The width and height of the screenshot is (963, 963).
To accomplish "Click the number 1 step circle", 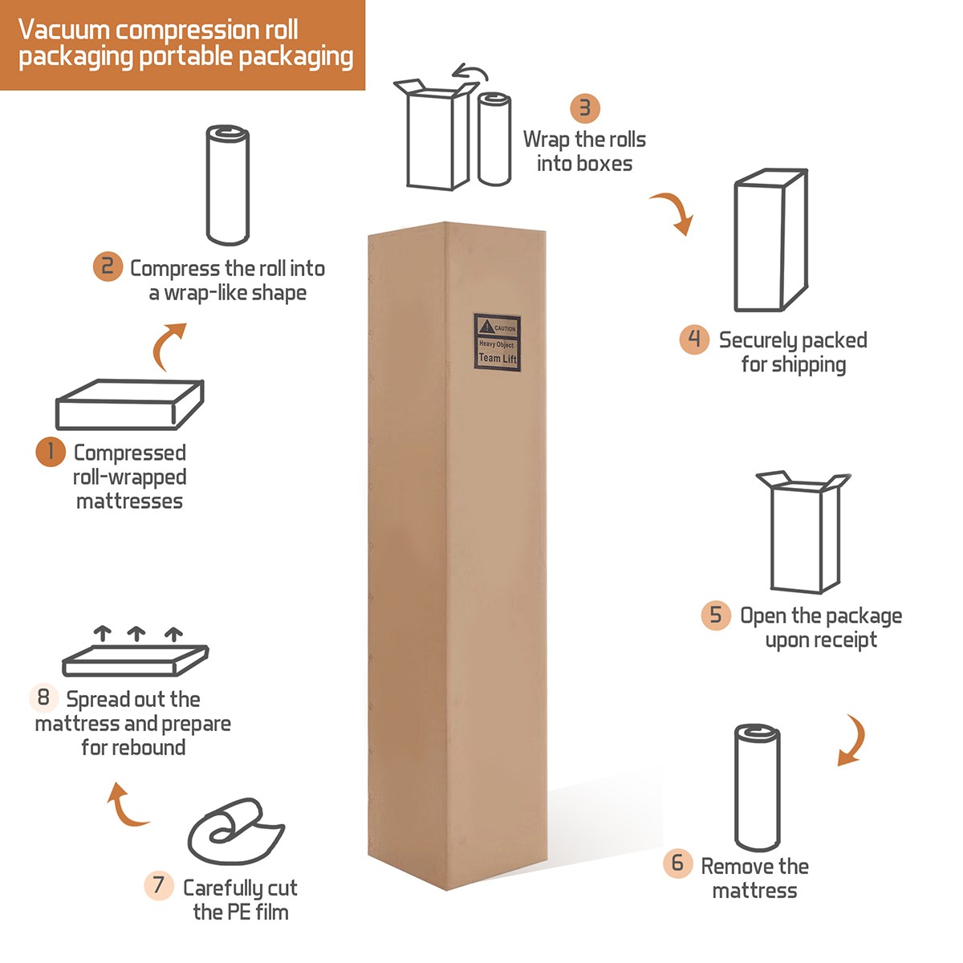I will point(50,452).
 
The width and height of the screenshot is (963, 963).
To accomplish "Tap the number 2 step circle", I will point(108,266).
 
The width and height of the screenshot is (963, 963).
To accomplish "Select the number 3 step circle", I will point(585,108).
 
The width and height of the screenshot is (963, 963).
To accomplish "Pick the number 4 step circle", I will point(694,339).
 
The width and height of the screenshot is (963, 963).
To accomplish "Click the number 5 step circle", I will point(716,616).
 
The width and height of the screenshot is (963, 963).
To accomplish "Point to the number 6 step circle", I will point(677,863).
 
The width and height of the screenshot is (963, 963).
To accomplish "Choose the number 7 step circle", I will point(159,886).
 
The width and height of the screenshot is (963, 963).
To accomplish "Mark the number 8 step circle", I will point(43,697).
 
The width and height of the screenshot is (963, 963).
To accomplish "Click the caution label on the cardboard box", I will point(498,343).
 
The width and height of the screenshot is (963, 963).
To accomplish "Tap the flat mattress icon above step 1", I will point(129,404).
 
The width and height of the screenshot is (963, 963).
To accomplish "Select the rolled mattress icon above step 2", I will point(228,185).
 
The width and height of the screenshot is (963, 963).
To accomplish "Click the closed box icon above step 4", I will point(770,240).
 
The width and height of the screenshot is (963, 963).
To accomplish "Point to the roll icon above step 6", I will point(758,787).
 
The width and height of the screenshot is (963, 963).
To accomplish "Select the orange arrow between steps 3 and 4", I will point(674,212).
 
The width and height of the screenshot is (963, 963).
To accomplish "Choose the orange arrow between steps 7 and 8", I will point(125,807).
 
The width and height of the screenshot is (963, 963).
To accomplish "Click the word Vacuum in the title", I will point(64,30).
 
